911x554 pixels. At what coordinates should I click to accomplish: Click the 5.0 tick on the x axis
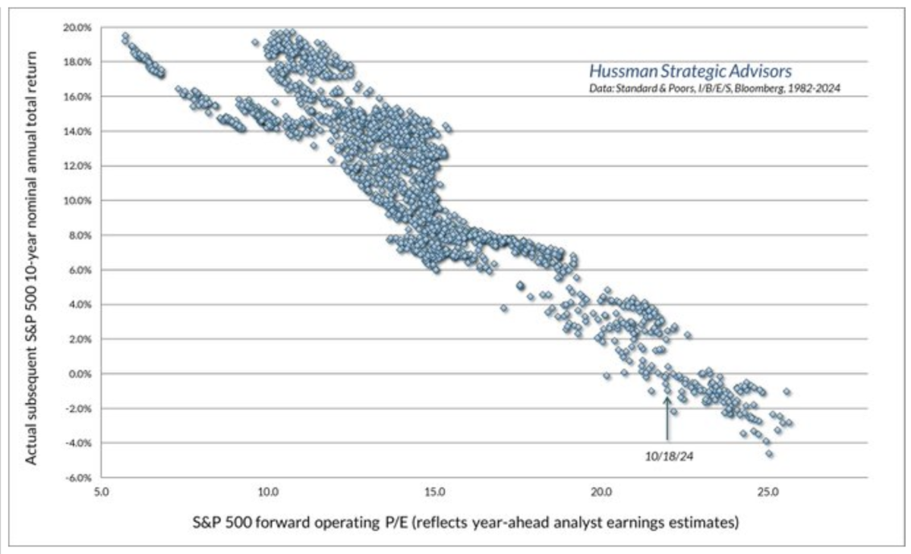click(101, 492)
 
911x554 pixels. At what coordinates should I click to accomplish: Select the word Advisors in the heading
click(762, 71)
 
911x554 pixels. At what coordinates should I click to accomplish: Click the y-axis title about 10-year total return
click(34, 252)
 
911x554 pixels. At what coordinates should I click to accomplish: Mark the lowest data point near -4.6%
click(769, 454)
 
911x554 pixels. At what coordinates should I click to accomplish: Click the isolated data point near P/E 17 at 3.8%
click(504, 308)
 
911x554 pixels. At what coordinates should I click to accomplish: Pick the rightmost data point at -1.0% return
click(786, 392)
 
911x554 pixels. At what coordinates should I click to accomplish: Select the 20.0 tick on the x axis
click(601, 492)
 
